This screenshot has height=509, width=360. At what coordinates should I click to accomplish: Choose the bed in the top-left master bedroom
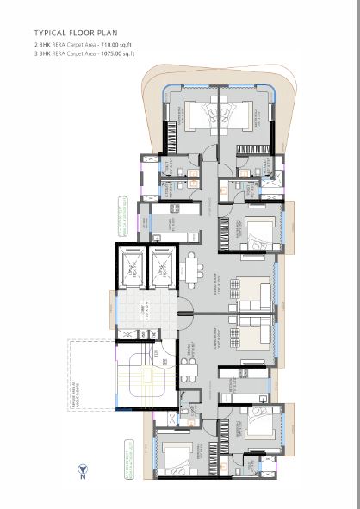point(200,117)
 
